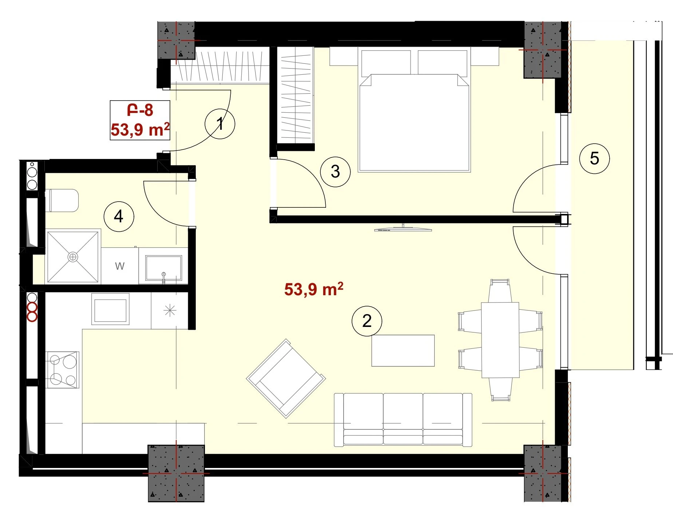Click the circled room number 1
coord(219,124)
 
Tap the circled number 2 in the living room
coord(367,321)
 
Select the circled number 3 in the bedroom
coord(335,172)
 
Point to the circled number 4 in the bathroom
coord(119,216)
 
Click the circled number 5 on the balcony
coord(594,159)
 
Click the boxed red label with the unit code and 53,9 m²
coord(140,120)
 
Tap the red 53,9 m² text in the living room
coord(314,289)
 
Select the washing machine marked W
coord(120,266)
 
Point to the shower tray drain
coord(73,257)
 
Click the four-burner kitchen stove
coord(62,370)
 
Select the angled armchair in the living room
coord(286,378)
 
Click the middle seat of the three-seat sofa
coord(403,419)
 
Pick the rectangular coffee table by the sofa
coord(403,351)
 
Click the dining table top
coord(500,340)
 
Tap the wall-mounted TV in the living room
coord(403,229)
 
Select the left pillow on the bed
coord(386,63)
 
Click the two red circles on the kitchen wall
coord(32,312)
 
